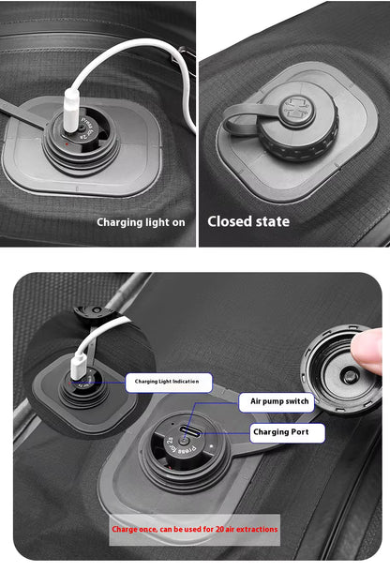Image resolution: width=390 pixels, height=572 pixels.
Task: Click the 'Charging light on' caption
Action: pyautogui.click(x=141, y=222)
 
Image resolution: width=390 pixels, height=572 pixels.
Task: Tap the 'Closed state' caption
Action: pyautogui.click(x=248, y=221)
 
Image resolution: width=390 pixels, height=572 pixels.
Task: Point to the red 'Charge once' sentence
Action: pyautogui.click(x=195, y=529)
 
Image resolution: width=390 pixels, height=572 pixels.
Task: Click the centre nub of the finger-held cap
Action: pyautogui.click(x=349, y=375)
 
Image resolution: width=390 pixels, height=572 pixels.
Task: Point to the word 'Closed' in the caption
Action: pyautogui.click(x=231, y=221)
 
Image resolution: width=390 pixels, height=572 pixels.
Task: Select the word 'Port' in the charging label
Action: pyautogui.click(x=307, y=432)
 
